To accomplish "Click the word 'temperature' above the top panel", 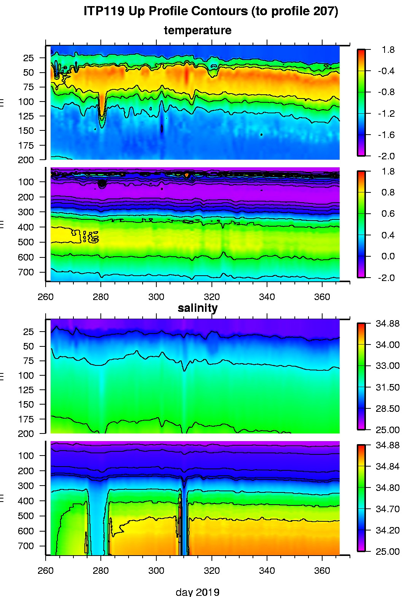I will (197, 30).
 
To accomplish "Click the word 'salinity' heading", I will (197, 308).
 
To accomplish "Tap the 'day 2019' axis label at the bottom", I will (197, 592).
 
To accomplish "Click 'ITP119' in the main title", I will (103, 11).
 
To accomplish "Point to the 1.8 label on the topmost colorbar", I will (388, 50).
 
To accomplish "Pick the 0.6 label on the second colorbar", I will (388, 214).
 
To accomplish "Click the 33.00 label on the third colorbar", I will (388, 366).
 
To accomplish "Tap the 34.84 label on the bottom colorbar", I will (388, 467).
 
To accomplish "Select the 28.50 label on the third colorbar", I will (388, 409).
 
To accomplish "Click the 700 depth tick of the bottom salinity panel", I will (26, 546).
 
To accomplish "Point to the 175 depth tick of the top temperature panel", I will (26, 145).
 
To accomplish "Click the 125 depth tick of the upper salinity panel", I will (26, 390).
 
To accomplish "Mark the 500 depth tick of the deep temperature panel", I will (26, 242).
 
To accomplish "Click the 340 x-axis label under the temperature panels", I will (267, 297).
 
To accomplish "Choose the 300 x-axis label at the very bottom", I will (156, 571).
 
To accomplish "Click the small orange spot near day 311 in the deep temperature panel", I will (186, 175).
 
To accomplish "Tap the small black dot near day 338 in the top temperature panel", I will (261, 135).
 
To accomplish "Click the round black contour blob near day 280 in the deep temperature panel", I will (102, 184).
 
